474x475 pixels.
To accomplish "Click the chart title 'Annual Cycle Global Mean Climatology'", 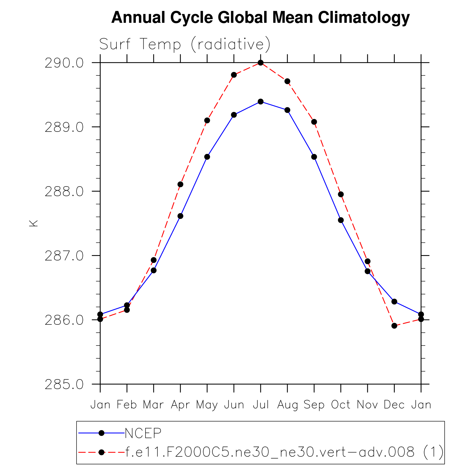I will (x=260, y=17).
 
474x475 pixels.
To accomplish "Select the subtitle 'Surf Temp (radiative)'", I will (x=185, y=44).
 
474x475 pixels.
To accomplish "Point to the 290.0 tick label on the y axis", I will (x=64, y=63).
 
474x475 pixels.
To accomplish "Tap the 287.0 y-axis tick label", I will (x=64, y=256).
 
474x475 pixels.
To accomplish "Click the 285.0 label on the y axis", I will (x=64, y=384).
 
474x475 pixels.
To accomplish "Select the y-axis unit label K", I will (x=33, y=223).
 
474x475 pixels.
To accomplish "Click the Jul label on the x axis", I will (x=261, y=405).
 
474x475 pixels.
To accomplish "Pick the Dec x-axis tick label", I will (x=394, y=405).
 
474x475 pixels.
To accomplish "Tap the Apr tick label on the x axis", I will (x=180, y=405).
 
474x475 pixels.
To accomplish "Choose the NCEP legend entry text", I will (x=143, y=433).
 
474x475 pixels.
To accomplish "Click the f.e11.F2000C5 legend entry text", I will (x=284, y=452).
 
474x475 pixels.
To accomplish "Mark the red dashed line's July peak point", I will (x=261, y=63).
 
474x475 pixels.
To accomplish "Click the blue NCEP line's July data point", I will (x=261, y=102).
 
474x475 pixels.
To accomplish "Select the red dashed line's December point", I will (x=394, y=326).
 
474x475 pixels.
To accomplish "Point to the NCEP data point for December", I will (x=394, y=302).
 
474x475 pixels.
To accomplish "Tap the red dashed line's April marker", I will (x=180, y=184).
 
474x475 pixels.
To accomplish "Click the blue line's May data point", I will (x=207, y=157).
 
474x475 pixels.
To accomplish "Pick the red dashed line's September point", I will (x=314, y=122).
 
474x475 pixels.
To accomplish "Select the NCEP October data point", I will (x=341, y=220).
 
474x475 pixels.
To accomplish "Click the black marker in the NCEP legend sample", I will (x=101, y=433).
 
